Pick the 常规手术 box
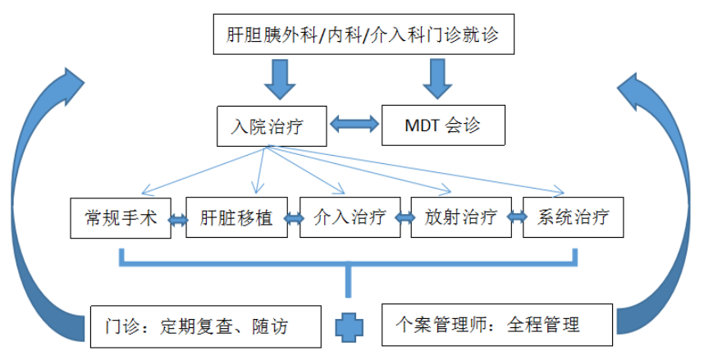coord(120,218)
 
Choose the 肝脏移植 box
coord(235,218)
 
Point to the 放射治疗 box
coord(460,218)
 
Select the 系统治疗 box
coord(573,218)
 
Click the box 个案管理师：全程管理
coord(498,325)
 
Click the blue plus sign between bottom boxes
coord(349,326)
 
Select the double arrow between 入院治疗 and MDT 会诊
coord(355,125)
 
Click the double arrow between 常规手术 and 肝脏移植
coord(178,219)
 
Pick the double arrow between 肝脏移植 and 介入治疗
coord(292,219)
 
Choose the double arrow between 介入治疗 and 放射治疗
coord(404,219)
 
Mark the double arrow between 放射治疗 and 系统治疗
coord(516,219)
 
